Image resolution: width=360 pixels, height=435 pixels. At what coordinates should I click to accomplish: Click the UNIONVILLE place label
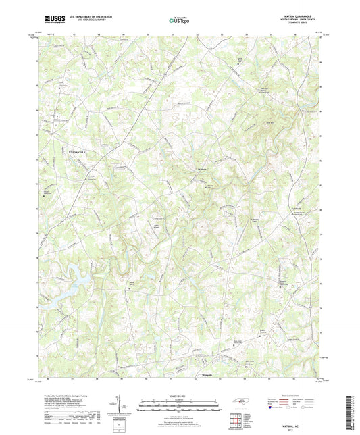(x=78, y=154)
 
